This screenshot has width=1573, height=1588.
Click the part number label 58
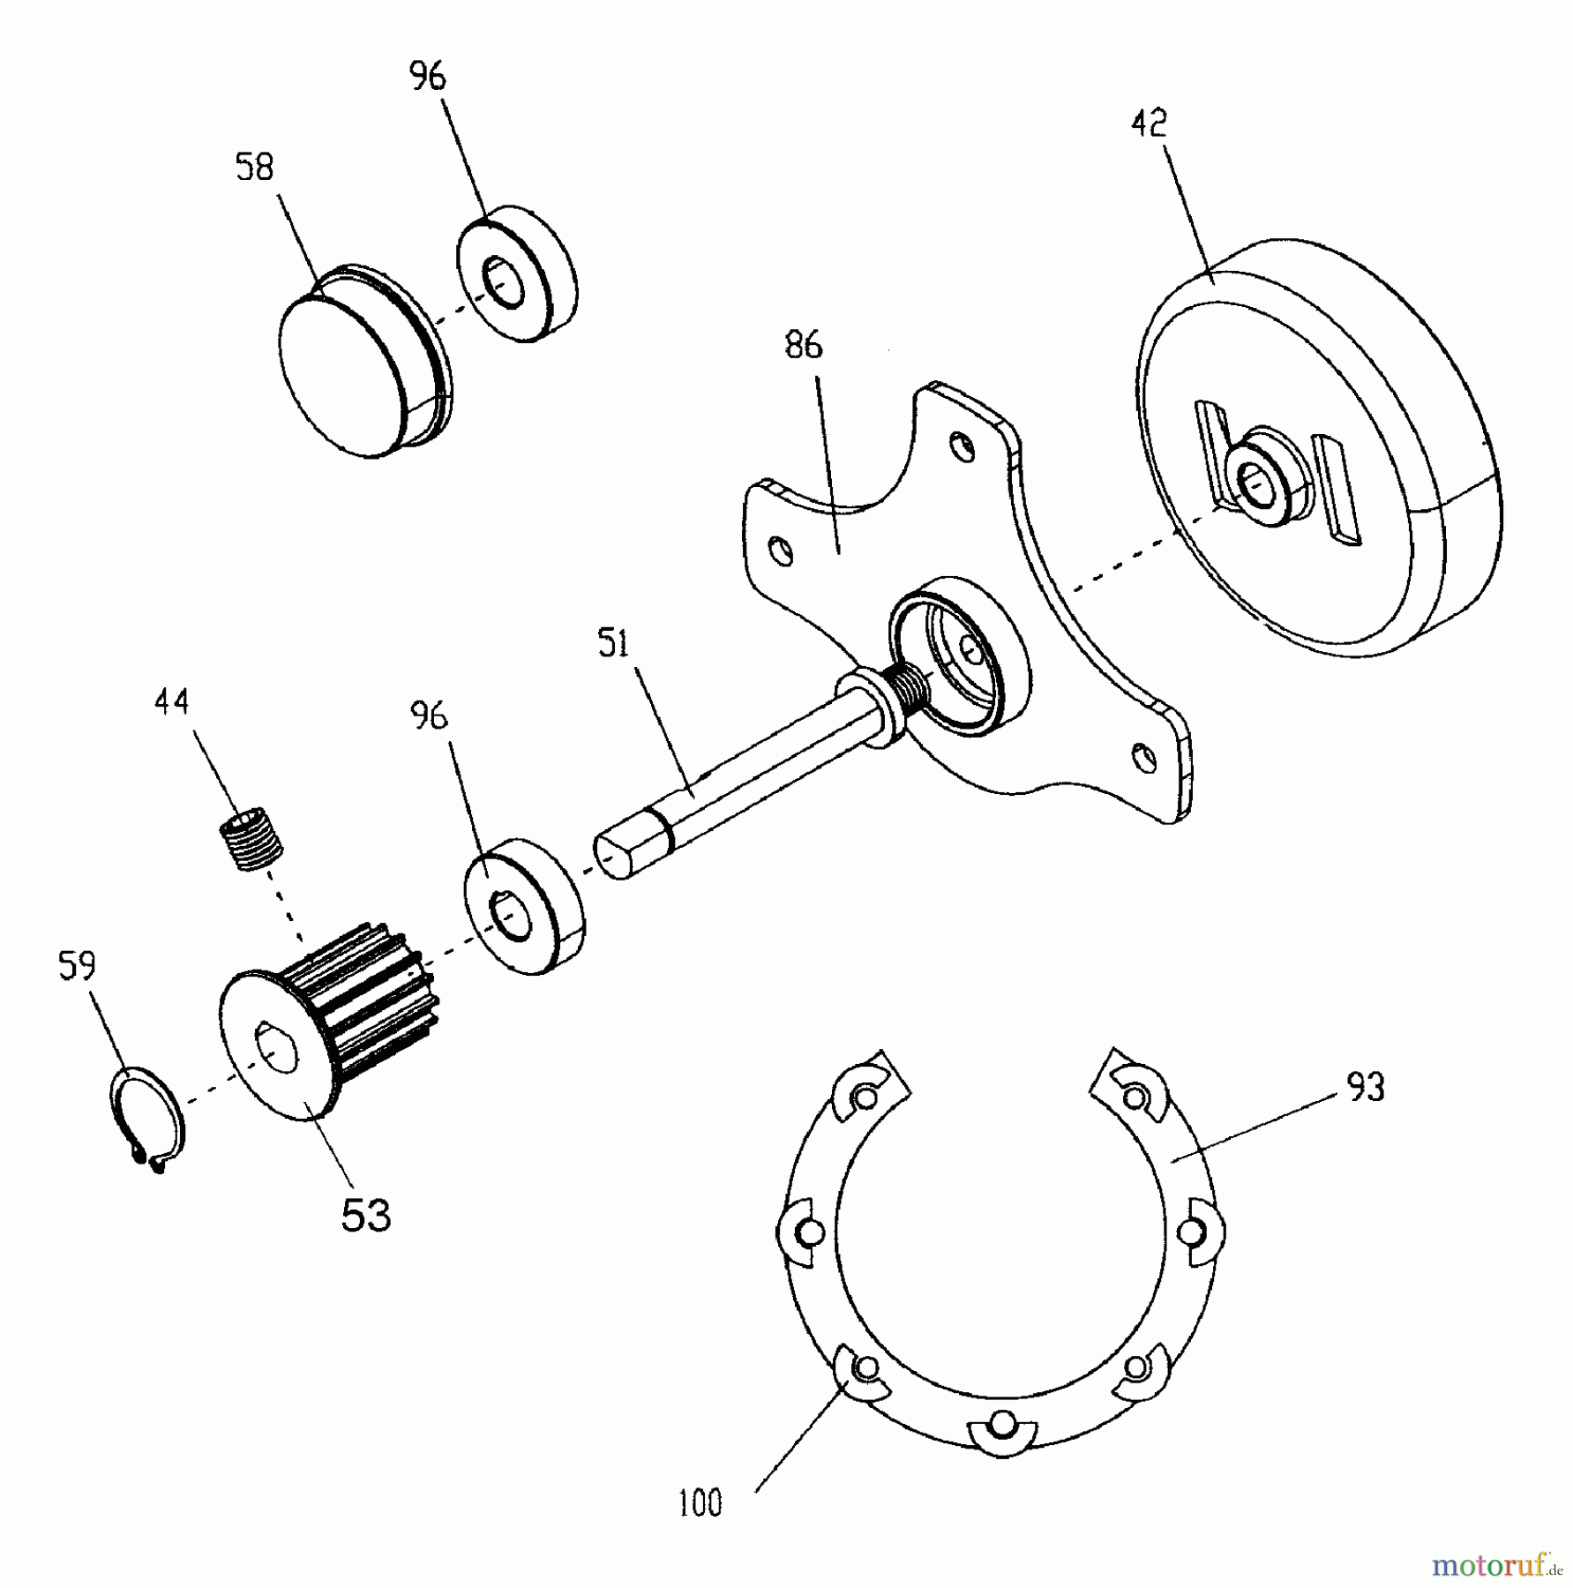(255, 167)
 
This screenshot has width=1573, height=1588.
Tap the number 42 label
(1149, 123)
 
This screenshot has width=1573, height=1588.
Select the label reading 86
(803, 345)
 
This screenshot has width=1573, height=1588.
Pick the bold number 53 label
(365, 1216)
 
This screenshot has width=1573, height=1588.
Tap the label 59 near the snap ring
(77, 966)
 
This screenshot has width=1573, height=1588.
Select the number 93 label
(1366, 1088)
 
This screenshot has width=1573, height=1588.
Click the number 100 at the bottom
(700, 1502)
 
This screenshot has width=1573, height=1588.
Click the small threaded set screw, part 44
(251, 843)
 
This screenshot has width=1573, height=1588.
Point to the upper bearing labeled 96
(516, 275)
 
